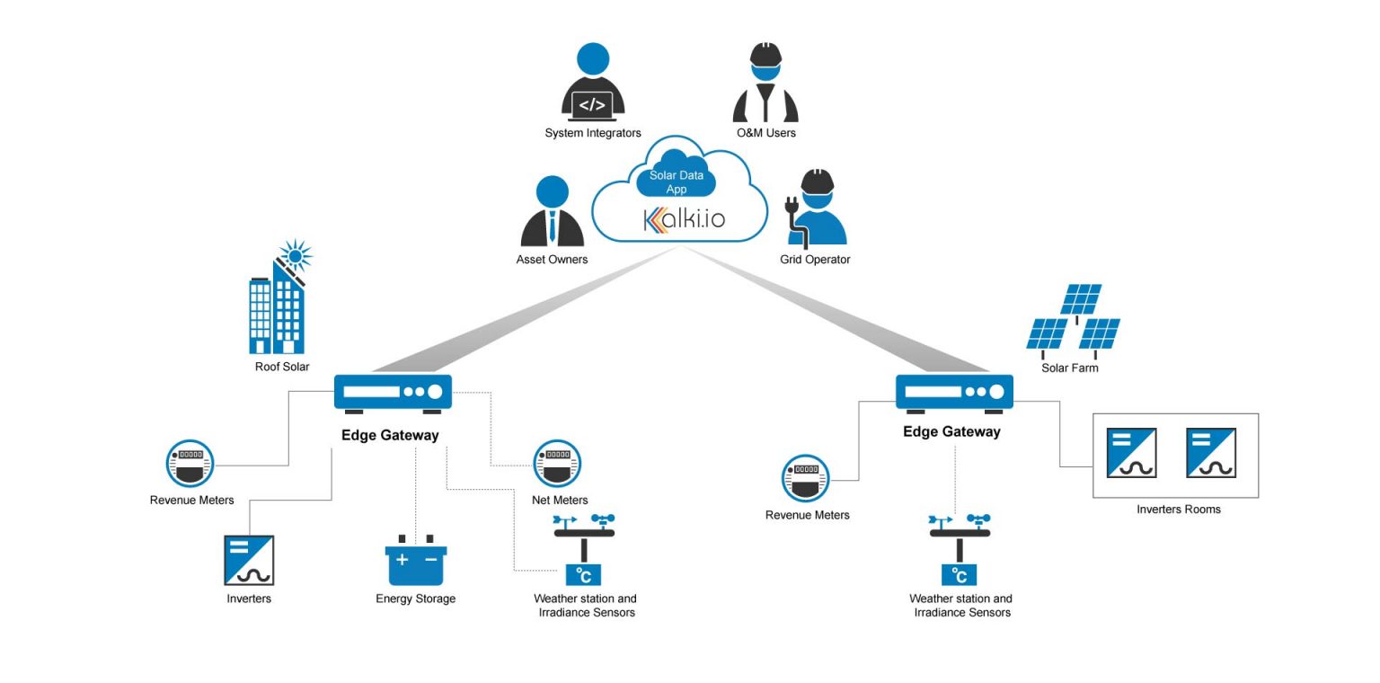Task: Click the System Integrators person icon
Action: tap(592, 83)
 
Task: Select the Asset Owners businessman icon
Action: tap(553, 212)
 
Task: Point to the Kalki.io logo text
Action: tap(684, 219)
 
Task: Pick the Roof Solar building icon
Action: tap(279, 300)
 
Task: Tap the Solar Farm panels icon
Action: tap(1075, 320)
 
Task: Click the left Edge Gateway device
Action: tap(393, 393)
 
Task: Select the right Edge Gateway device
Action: tap(954, 393)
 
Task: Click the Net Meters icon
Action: tap(557, 464)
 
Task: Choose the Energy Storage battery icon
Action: tap(416, 561)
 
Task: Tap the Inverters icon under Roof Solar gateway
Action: tap(249, 560)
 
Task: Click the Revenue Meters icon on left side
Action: tap(190, 464)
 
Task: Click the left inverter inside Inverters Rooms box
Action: tap(1131, 453)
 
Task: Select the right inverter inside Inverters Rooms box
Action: tap(1210, 453)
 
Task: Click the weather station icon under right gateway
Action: tap(960, 550)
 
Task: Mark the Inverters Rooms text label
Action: tap(1178, 510)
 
